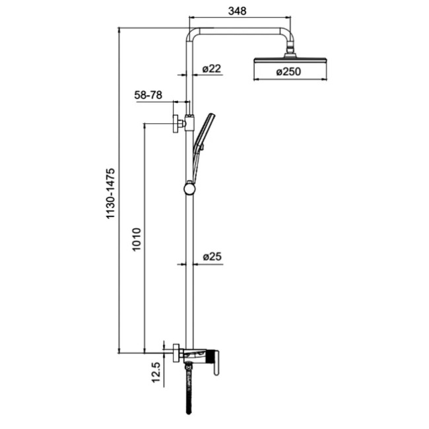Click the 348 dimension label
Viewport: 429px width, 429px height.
click(237, 11)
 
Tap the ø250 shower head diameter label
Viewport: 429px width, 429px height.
click(288, 72)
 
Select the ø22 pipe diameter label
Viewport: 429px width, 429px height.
click(211, 69)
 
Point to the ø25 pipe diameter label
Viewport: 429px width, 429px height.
click(212, 257)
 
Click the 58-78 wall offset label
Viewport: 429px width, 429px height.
click(148, 95)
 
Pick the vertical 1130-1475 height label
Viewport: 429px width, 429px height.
click(111, 193)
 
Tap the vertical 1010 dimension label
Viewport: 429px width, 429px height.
click(136, 240)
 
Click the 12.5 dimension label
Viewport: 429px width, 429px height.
click(155, 373)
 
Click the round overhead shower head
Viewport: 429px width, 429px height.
click(290, 59)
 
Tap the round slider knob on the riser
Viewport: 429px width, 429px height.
click(189, 188)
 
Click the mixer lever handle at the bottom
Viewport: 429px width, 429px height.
click(216, 362)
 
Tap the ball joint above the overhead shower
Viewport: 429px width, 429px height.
click(290, 50)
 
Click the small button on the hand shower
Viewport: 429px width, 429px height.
click(202, 148)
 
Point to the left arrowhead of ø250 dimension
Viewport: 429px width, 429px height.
click(257, 80)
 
